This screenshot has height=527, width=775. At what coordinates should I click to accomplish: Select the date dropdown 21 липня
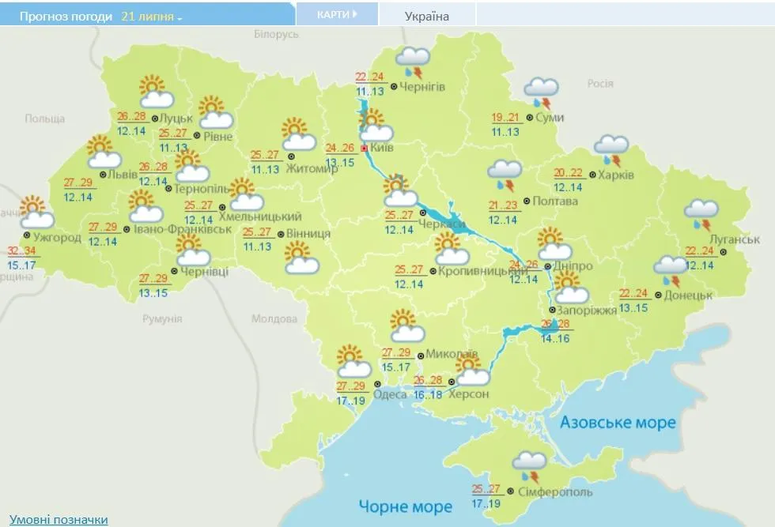click(151, 16)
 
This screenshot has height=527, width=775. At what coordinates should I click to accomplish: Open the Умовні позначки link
click(59, 519)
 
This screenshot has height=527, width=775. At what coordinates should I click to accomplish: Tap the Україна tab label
click(426, 16)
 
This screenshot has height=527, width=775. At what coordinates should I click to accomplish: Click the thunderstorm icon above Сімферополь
click(528, 466)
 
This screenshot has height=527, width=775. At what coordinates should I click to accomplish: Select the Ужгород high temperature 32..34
click(22, 251)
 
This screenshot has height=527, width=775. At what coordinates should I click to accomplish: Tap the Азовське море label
click(618, 423)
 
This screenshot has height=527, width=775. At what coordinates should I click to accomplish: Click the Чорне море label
click(405, 506)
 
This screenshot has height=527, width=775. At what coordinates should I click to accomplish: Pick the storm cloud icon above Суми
click(542, 92)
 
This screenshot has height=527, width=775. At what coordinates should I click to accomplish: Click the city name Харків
click(616, 175)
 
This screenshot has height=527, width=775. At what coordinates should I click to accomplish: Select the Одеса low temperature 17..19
click(350, 401)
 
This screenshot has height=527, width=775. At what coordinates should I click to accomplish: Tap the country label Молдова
click(274, 319)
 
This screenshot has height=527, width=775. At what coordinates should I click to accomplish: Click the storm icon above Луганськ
click(701, 213)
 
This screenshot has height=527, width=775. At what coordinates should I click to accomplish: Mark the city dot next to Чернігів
click(393, 87)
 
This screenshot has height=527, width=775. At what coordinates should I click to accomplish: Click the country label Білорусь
click(276, 35)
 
